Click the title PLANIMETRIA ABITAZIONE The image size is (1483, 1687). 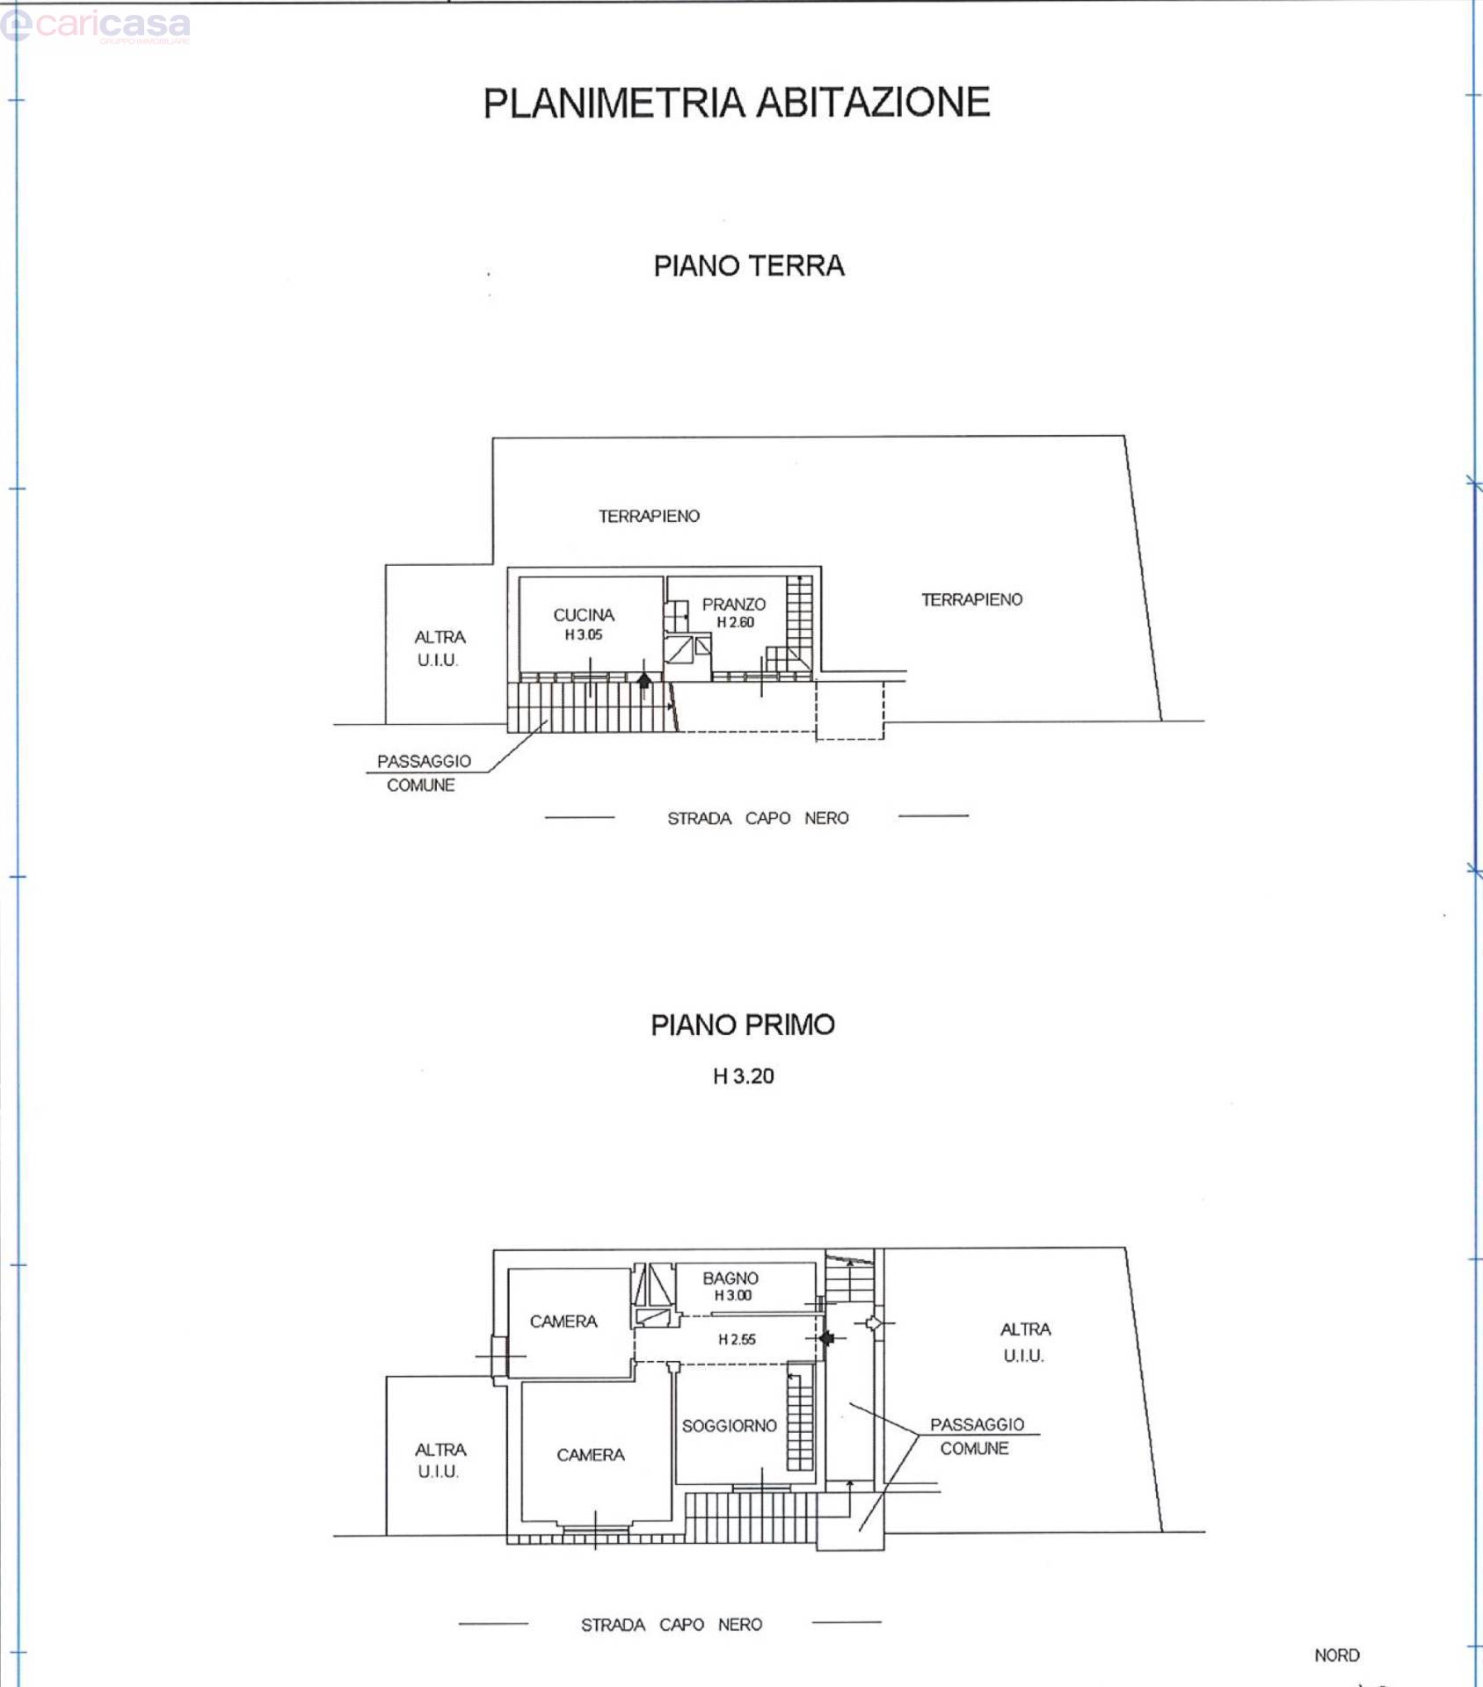[x=737, y=102]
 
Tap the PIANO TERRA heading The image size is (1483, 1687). [x=749, y=265]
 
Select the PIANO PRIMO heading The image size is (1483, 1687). [x=743, y=1025]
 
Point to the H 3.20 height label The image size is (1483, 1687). [x=744, y=1076]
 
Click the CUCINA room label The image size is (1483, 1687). [x=584, y=615]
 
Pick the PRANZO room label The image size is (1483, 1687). [x=734, y=605]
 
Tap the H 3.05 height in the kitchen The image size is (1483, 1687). [x=584, y=634]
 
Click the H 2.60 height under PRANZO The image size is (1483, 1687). [x=736, y=622]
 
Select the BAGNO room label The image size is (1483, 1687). [x=731, y=1278]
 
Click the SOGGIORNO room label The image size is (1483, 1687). [x=730, y=1426]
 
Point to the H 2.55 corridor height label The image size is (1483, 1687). [x=737, y=1340]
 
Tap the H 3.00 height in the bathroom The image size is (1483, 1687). [x=733, y=1295]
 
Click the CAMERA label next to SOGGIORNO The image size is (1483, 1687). [x=591, y=1455]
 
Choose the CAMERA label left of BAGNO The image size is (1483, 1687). [x=563, y=1321]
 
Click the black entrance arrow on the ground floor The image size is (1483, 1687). [x=644, y=680]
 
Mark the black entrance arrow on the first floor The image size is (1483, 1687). [x=826, y=1338]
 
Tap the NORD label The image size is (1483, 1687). [x=1337, y=1655]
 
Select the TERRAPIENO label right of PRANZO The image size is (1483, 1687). [x=972, y=599]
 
